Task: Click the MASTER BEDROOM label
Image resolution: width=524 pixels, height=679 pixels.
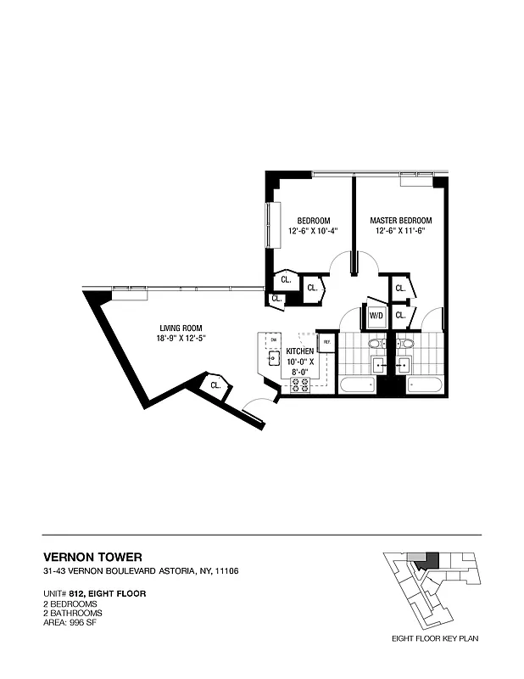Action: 395,221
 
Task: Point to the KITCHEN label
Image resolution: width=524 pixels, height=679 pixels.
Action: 300,351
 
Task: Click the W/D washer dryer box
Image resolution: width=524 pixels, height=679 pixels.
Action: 376,316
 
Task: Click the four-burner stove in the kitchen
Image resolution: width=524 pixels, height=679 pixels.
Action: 300,384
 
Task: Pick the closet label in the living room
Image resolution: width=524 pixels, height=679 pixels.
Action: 215,385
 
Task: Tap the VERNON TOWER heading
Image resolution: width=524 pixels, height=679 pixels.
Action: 82,558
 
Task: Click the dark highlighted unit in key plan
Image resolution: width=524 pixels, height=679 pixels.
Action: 432,561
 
